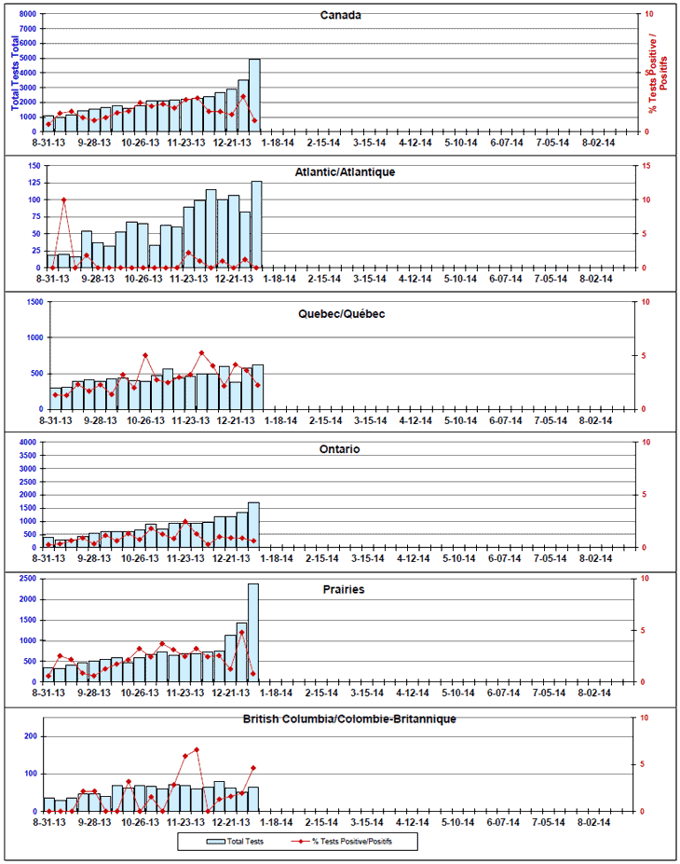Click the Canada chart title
click(x=340, y=16)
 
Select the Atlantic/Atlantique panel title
click(x=345, y=173)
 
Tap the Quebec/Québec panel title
click(x=340, y=313)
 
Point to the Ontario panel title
click(x=340, y=449)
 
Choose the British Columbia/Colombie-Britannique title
click(x=349, y=719)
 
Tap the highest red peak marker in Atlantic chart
click(x=63, y=199)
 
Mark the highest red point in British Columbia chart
click(x=197, y=749)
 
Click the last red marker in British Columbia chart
click(x=253, y=768)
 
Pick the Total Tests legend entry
click(x=236, y=841)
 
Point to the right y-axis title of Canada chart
click(x=662, y=73)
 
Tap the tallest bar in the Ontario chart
click(x=253, y=524)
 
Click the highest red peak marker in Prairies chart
click(x=241, y=632)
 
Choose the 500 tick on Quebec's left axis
click(x=35, y=373)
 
